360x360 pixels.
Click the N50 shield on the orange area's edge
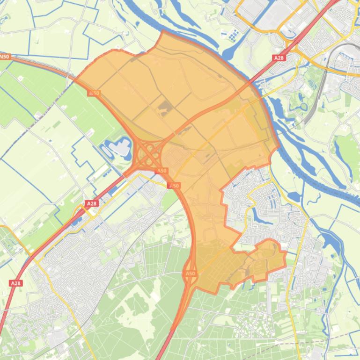pos(94,93)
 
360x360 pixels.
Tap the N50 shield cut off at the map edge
pos(4,57)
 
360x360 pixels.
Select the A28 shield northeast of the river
pos(279,58)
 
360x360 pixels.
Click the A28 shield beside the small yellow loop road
pos(91,204)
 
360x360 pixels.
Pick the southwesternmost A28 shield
pos(15,283)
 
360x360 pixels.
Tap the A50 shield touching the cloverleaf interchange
pos(162,171)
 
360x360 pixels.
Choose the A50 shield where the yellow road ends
pos(174,186)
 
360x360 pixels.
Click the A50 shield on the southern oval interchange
pos(190,274)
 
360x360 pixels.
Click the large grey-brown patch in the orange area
pos(163,109)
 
